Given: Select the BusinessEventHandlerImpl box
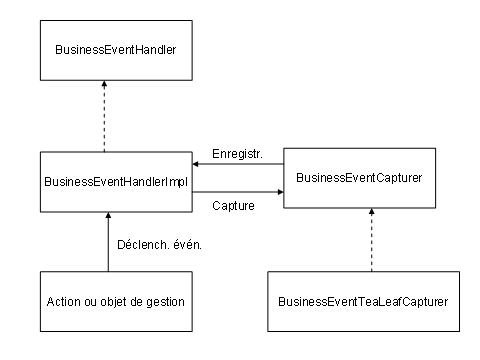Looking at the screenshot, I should coord(116,182).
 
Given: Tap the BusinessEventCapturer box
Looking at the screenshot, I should coord(360,177).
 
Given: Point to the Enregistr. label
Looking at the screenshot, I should coord(236,153).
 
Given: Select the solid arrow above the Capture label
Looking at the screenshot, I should coord(238,191).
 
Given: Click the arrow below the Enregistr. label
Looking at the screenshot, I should coord(238,165).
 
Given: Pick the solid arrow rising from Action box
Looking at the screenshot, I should coord(108,245).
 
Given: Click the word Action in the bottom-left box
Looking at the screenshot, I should coord(66,300).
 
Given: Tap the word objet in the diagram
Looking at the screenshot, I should coord(115,300).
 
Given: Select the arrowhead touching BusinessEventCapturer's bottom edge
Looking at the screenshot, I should coord(371,213).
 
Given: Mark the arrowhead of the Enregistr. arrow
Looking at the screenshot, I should coord(197,165).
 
